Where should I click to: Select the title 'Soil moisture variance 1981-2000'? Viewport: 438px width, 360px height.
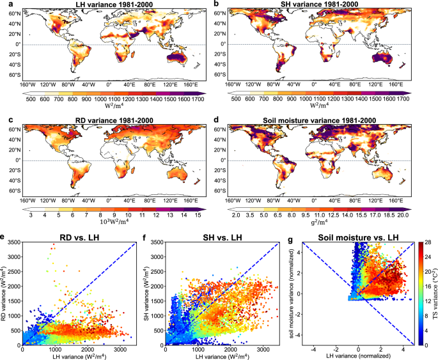(x=328, y=120)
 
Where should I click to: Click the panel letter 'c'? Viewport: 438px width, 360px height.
(x=4, y=120)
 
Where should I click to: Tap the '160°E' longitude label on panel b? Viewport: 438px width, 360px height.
(x=395, y=84)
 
